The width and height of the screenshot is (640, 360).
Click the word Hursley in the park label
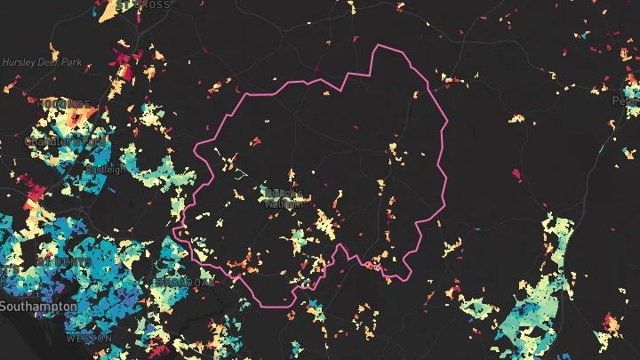17,63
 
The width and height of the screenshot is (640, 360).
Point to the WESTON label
89,339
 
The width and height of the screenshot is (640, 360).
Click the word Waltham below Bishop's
284,204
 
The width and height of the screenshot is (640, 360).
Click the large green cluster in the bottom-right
533,320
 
